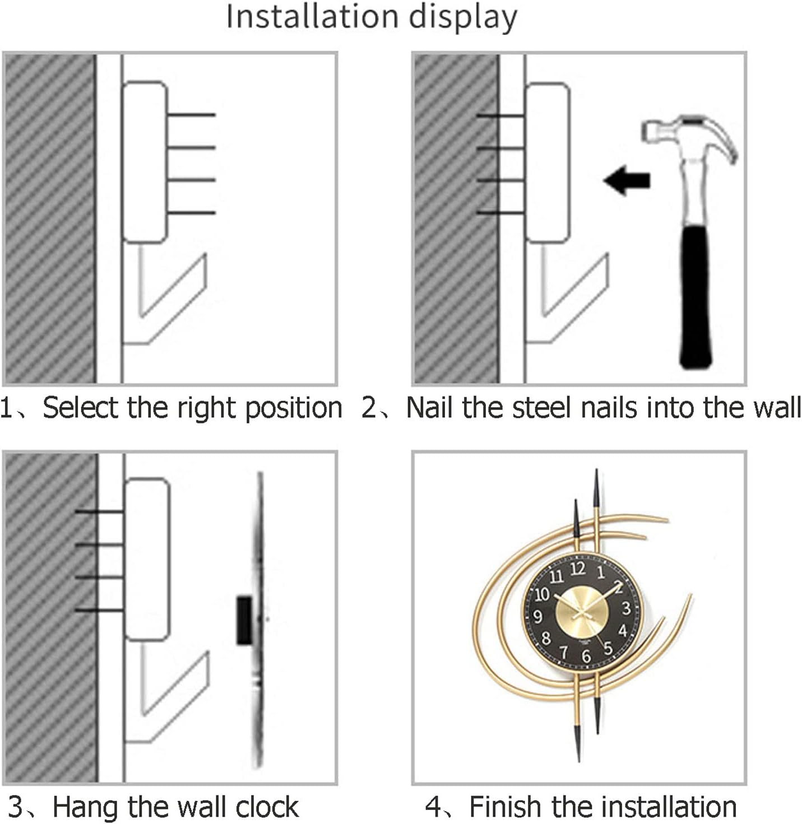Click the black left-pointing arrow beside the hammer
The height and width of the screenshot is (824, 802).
(627, 180)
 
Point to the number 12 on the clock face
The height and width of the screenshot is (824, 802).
(578, 569)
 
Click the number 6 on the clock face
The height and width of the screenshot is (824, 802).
(586, 655)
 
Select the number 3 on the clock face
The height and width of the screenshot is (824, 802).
(626, 608)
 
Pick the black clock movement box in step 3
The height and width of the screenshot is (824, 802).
(244, 620)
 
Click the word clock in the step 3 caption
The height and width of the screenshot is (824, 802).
(267, 807)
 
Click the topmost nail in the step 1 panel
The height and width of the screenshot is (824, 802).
(191, 115)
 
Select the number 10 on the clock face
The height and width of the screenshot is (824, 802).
(541, 594)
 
